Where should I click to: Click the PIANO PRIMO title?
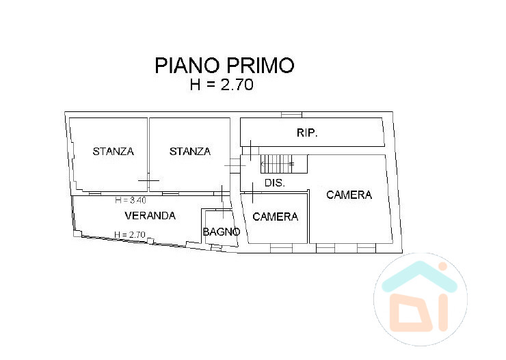(224, 65)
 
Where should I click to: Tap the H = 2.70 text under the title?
(222, 85)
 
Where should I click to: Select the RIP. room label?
(307, 133)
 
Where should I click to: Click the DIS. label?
(275, 183)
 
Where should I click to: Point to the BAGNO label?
(222, 232)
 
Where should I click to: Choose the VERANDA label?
(150, 216)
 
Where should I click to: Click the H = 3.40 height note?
(131, 200)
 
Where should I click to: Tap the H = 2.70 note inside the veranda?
(130, 234)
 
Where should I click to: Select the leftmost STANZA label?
(114, 152)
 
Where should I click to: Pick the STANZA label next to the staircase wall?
(190, 152)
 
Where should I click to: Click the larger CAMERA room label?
(349, 195)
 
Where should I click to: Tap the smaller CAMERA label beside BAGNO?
(276, 217)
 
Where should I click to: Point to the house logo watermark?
(421, 299)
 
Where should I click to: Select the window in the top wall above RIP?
(291, 115)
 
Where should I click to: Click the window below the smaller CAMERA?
(281, 248)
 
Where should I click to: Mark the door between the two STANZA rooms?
(148, 181)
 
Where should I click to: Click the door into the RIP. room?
(250, 150)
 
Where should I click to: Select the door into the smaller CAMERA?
(252, 193)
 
